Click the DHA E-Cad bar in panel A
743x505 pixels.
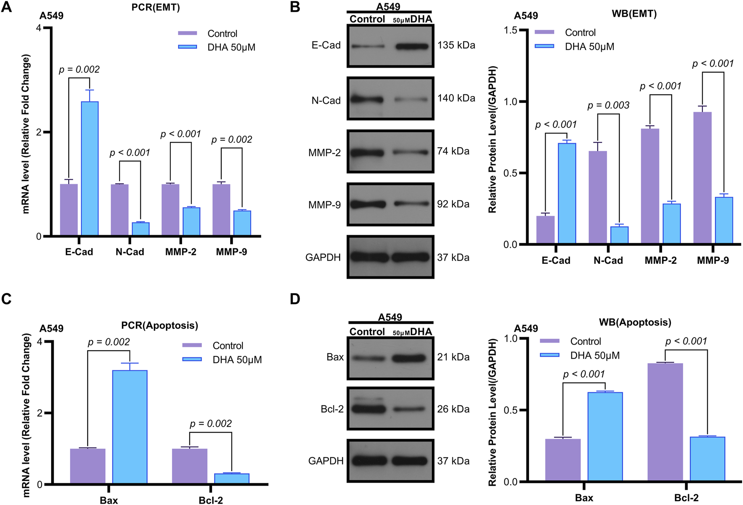[90, 168]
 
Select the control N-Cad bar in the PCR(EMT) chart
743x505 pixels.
[120, 210]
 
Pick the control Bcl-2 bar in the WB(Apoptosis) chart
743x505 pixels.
[665, 422]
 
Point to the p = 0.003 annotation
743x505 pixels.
[608, 106]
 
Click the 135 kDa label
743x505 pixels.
[456, 45]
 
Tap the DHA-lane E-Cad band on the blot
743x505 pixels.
[412, 46]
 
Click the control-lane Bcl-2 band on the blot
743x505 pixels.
[368, 409]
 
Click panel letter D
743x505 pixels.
[295, 299]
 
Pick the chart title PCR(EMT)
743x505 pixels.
[156, 8]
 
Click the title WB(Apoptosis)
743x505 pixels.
[635, 323]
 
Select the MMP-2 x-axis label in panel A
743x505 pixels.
[180, 252]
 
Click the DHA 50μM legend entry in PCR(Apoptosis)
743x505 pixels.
[237, 360]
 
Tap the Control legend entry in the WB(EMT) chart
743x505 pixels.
[580, 33]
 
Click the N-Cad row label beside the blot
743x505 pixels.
[326, 101]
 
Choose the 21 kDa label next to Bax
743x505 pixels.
[453, 357]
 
